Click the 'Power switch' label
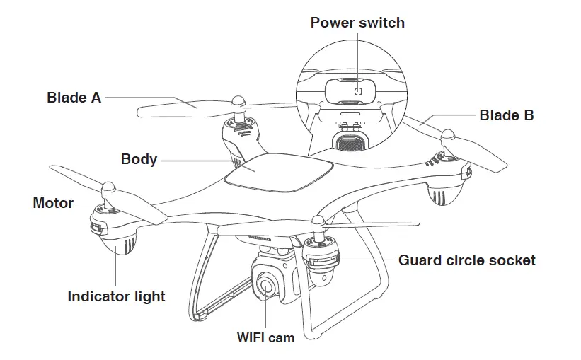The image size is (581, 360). pyautogui.click(x=357, y=23)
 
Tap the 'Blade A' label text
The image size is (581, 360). pyautogui.click(x=74, y=98)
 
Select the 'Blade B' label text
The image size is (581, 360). pyautogui.click(x=506, y=115)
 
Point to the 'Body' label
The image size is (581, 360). pyautogui.click(x=139, y=158)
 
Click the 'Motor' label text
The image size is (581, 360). pyautogui.click(x=53, y=203)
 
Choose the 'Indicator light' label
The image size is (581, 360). pyautogui.click(x=116, y=296)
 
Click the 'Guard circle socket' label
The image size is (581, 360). pyautogui.click(x=466, y=260)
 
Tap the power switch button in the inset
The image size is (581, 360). pyautogui.click(x=357, y=91)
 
